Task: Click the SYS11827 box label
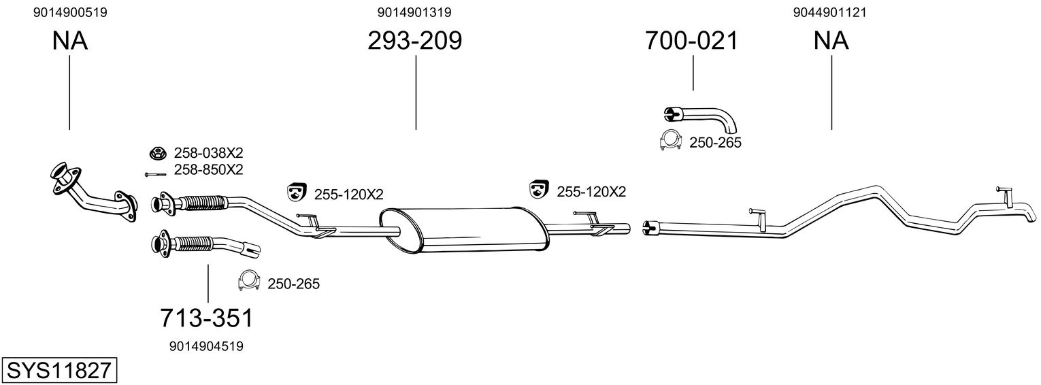click(59, 371)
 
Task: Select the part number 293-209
click(415, 41)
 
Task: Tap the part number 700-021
click(691, 41)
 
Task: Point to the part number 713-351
click(207, 318)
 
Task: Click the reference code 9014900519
click(70, 12)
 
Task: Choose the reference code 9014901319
click(414, 12)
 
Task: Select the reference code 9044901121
click(829, 12)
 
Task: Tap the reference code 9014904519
click(206, 346)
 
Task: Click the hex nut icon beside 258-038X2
click(158, 153)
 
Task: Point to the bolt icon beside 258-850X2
click(155, 175)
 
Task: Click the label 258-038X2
click(209, 153)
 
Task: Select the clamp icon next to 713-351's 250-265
click(248, 280)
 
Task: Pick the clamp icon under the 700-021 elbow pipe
click(671, 139)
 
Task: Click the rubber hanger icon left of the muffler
click(296, 191)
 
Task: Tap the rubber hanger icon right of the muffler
click(539, 190)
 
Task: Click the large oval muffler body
click(463, 230)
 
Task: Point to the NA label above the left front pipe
click(69, 41)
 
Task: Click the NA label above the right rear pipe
click(831, 41)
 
